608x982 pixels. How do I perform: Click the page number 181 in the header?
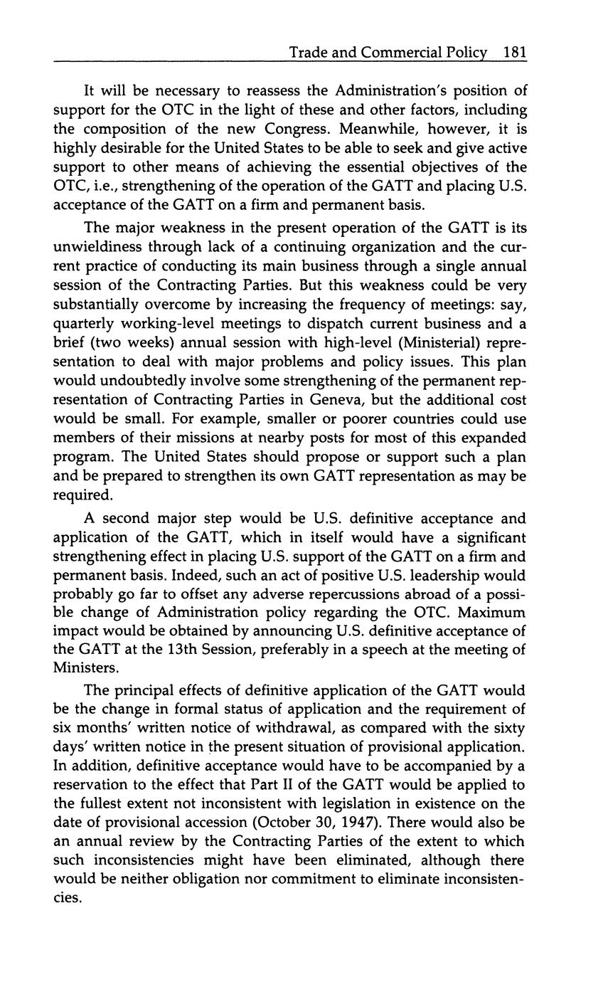(514, 53)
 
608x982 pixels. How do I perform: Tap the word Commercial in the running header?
(402, 53)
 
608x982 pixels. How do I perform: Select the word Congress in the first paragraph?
(295, 129)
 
